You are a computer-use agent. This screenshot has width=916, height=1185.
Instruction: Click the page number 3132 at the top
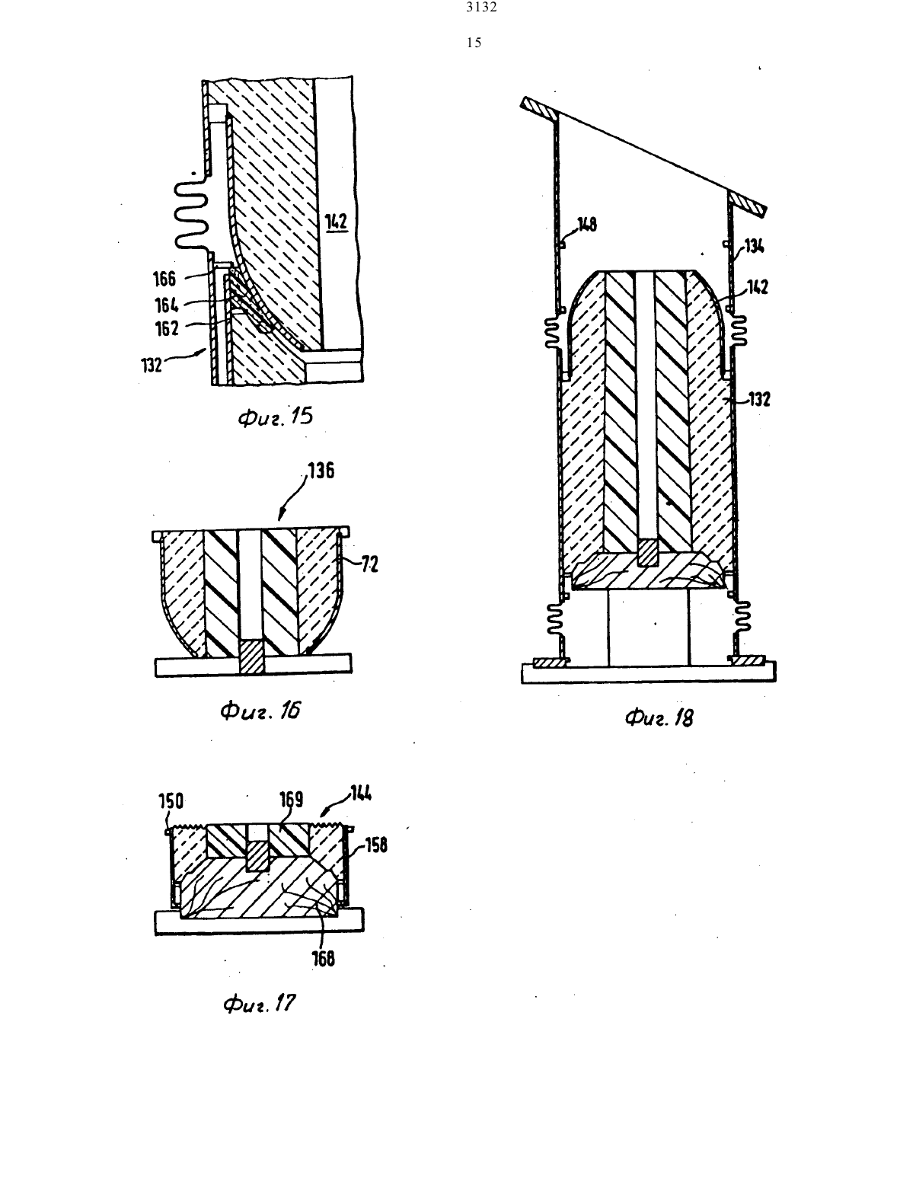tap(482, 8)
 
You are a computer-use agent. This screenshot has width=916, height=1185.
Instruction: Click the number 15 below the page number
tap(474, 43)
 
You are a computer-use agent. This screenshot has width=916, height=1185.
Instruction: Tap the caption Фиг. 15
tap(276, 417)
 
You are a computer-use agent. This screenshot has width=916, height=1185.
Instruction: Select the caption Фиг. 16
tap(260, 711)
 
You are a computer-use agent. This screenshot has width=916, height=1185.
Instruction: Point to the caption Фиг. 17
tap(260, 1004)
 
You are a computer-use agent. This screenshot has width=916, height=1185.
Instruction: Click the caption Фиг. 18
tap(659, 717)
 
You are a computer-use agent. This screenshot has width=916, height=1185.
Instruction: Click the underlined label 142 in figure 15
tap(337, 222)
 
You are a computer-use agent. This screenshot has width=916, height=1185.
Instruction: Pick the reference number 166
tap(164, 279)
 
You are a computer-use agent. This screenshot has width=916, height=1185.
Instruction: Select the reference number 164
tap(166, 305)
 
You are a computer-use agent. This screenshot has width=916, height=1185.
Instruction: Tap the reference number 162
tap(167, 328)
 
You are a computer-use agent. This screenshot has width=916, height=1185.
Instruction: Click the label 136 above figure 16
tap(321, 470)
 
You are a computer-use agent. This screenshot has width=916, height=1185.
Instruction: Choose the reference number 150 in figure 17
tap(171, 801)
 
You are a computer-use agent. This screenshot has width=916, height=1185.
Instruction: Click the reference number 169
tap(292, 800)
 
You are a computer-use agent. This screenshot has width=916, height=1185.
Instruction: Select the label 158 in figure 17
tap(376, 845)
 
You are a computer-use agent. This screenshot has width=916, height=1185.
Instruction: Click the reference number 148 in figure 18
tap(586, 224)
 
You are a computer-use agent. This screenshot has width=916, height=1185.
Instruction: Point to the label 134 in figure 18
tap(755, 247)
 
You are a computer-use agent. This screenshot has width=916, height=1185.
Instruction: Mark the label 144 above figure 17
tap(360, 794)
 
